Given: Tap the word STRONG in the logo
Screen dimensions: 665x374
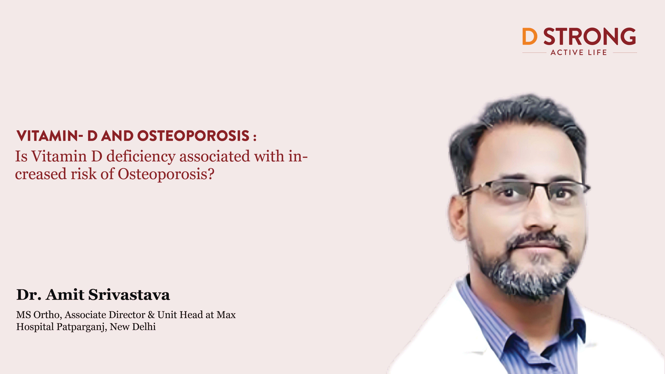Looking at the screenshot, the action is click(590, 36).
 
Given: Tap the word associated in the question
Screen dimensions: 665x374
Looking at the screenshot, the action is click(215, 156).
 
